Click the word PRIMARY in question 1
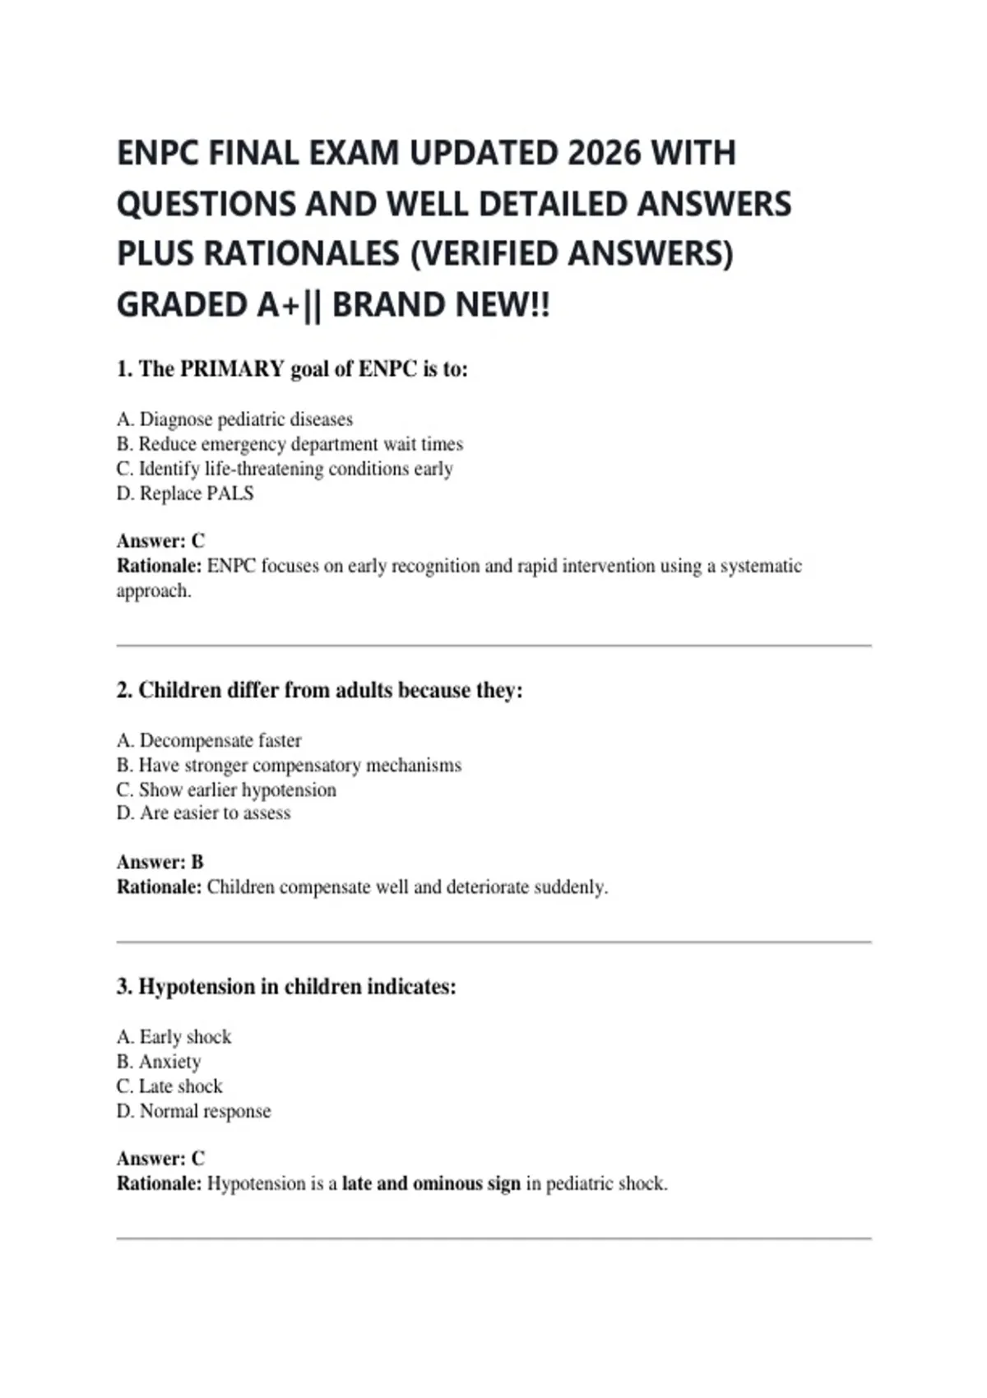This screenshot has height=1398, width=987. (x=232, y=369)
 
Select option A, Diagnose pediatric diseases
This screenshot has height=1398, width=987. (x=234, y=419)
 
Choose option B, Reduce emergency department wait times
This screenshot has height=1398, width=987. (x=290, y=444)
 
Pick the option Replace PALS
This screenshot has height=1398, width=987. (x=185, y=493)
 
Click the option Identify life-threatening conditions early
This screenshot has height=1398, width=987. (x=285, y=469)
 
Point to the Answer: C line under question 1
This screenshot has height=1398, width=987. (x=160, y=541)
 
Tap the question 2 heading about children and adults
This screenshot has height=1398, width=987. (x=319, y=690)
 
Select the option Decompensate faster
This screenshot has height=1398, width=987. (x=209, y=740)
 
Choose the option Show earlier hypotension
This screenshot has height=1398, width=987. (x=226, y=789)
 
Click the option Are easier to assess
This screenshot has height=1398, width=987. (x=203, y=813)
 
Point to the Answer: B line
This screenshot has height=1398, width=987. (x=160, y=862)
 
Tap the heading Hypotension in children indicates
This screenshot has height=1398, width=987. (x=285, y=986)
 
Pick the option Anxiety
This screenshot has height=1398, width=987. (x=159, y=1062)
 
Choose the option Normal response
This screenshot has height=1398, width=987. (x=193, y=1111)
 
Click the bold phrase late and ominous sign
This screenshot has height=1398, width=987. (x=431, y=1183)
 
